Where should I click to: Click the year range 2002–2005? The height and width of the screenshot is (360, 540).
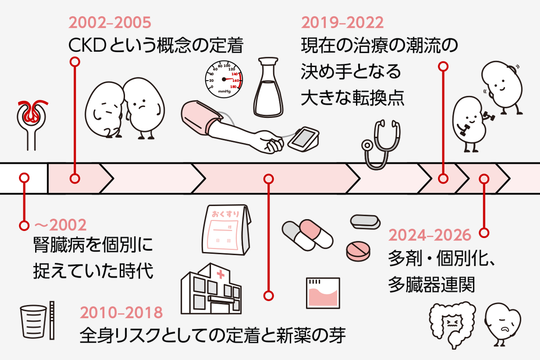tap(110, 22)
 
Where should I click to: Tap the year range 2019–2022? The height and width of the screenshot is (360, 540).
tap(342, 22)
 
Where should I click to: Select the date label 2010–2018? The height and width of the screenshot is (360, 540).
tap(121, 312)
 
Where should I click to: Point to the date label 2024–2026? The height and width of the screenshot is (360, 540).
tap(430, 235)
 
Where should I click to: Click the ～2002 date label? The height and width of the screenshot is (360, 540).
tap(60, 225)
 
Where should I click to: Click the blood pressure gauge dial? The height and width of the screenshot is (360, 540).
tap(224, 79)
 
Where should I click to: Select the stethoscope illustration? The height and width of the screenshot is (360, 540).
tap(381, 145)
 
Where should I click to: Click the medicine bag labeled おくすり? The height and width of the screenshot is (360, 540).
tap(226, 230)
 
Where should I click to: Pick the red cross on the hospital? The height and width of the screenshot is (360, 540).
tap(220, 274)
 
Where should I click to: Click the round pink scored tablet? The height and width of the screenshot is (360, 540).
tap(358, 251)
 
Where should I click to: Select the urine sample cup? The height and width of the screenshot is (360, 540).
tap(33, 322)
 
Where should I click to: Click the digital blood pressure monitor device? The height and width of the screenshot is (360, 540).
tap(303, 139)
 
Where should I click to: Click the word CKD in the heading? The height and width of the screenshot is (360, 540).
tap(87, 45)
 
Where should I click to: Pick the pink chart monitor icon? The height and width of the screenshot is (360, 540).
tap(323, 293)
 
